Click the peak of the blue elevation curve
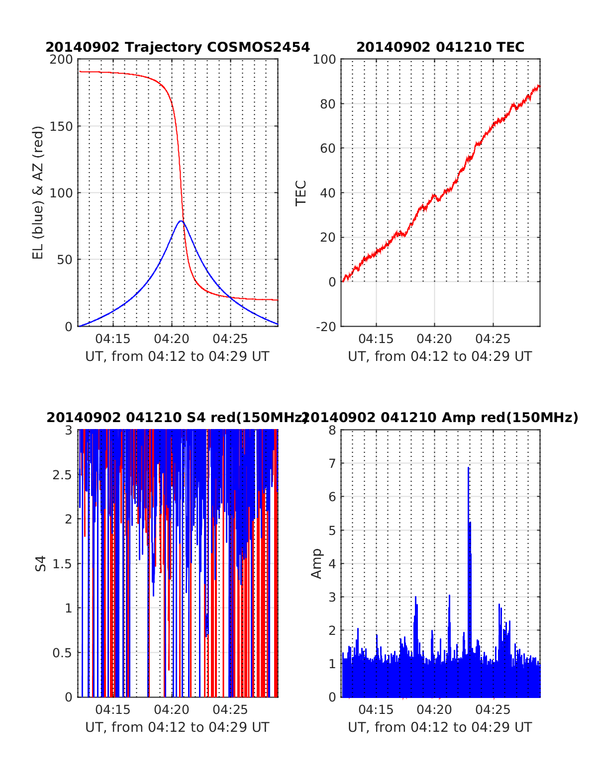click(x=181, y=221)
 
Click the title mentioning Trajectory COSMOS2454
click(x=178, y=47)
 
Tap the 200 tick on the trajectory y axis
click(x=61, y=60)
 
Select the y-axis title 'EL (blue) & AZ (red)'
click(x=38, y=192)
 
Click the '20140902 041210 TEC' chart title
click(x=440, y=47)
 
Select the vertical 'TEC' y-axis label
click(x=301, y=193)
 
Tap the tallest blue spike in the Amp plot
click(x=469, y=468)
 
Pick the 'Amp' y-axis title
click(x=316, y=564)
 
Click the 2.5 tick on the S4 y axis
click(x=62, y=475)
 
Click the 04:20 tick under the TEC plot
click(x=434, y=339)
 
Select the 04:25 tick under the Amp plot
click(x=493, y=710)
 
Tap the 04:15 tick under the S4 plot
click(x=113, y=710)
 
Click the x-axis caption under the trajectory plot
click(x=177, y=356)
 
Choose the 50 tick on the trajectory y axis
click(x=64, y=260)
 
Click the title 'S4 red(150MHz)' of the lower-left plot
click(x=177, y=418)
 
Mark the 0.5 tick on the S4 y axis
click(x=62, y=653)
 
